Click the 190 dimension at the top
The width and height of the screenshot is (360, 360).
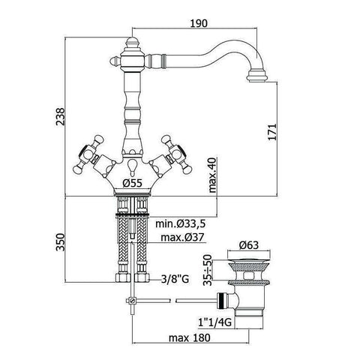coord(199,23)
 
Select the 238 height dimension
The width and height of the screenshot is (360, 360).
coord(60,116)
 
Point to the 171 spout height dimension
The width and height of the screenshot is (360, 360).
coord(272,132)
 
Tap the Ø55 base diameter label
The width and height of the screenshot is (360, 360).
coord(132,183)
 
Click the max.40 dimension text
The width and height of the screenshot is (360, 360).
coord(212,175)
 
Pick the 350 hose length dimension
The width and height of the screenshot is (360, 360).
coord(60,242)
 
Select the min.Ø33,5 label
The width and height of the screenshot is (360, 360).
coord(180,223)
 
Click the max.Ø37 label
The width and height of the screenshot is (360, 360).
coord(182,237)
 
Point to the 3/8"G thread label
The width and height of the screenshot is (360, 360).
coord(175,279)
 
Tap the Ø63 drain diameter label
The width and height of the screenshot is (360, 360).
coord(249,245)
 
